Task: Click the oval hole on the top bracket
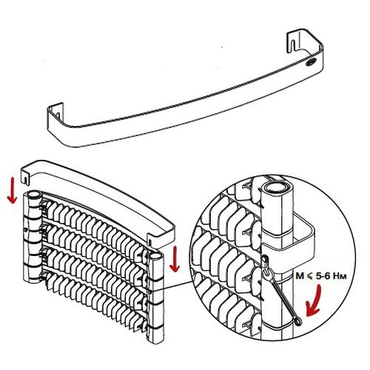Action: pyautogui.click(x=311, y=63)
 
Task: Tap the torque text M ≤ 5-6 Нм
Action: pyautogui.click(x=321, y=276)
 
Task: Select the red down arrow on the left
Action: pyautogui.click(x=12, y=191)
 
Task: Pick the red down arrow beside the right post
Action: pyautogui.click(x=175, y=259)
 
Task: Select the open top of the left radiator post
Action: pyautogui.click(x=34, y=195)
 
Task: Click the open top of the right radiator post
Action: pyautogui.click(x=155, y=256)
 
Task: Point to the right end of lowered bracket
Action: pyautogui.click(x=161, y=237)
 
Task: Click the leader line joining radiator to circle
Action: pyautogui.click(x=177, y=286)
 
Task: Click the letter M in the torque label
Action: pyautogui.click(x=300, y=276)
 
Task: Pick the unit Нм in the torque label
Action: pyautogui.click(x=339, y=276)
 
